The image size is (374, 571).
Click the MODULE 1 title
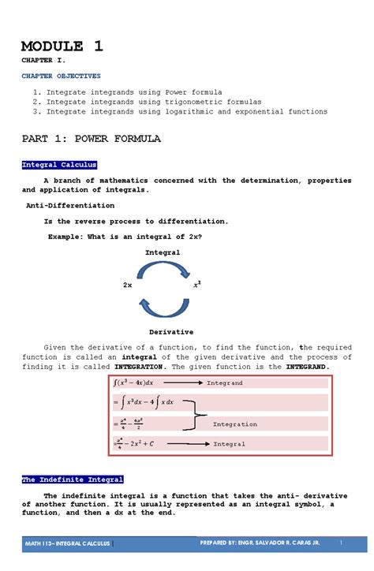[x=62, y=46]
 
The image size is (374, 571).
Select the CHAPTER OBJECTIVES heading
[x=61, y=77]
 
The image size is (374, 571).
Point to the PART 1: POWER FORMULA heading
[x=91, y=139]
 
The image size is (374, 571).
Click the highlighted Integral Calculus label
[x=59, y=165]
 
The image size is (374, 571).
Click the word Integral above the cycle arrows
[x=163, y=252]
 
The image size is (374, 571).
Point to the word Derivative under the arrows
[x=171, y=332]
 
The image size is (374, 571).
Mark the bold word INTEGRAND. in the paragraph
[x=301, y=367]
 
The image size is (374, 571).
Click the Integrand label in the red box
[x=224, y=383]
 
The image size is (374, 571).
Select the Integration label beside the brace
[x=234, y=424]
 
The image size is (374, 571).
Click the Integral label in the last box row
[x=229, y=444]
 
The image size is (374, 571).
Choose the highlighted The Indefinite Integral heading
[x=72, y=480]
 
